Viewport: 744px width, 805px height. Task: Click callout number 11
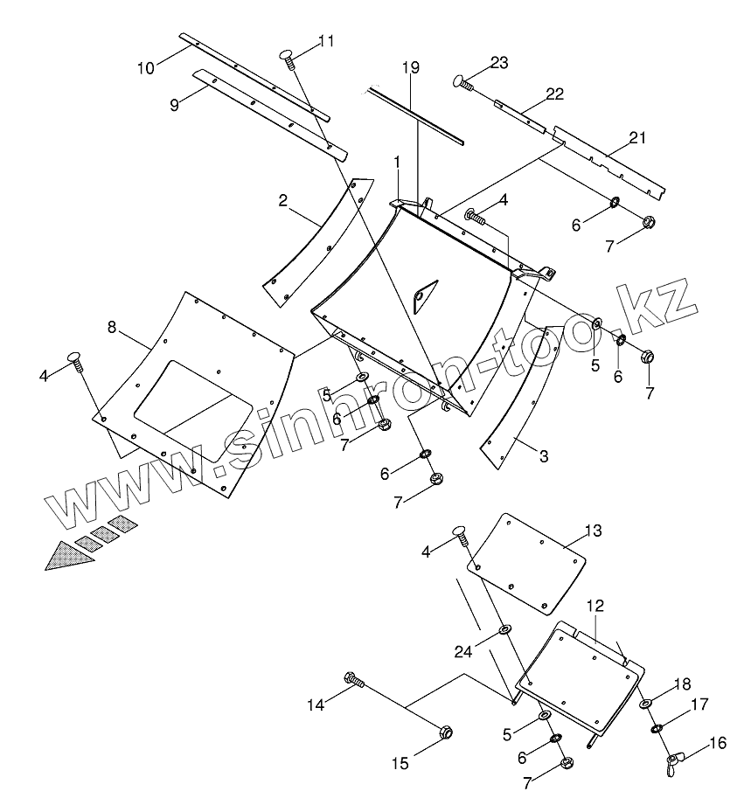tap(326, 41)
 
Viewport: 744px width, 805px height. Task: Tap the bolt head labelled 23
tap(460, 81)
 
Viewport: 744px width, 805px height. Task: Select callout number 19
tap(412, 67)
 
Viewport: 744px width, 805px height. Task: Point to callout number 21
tap(637, 137)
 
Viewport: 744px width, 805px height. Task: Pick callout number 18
tap(680, 684)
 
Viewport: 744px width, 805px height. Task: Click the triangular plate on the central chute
tap(421, 295)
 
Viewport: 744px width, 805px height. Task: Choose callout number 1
tap(396, 163)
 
